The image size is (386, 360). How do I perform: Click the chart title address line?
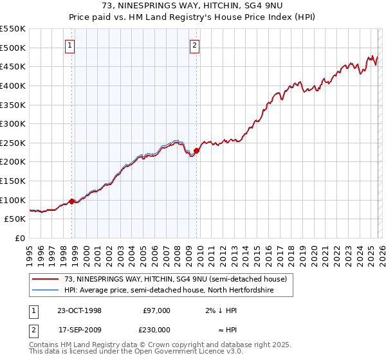192,6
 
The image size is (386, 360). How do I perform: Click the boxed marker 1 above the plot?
70,45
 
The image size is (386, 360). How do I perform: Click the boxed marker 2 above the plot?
194,45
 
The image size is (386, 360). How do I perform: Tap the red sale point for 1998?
71,201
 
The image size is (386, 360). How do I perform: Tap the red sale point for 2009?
196,150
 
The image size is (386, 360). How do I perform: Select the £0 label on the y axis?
19,238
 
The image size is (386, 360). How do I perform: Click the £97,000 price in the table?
156,310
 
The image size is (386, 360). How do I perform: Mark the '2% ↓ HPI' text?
219,310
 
